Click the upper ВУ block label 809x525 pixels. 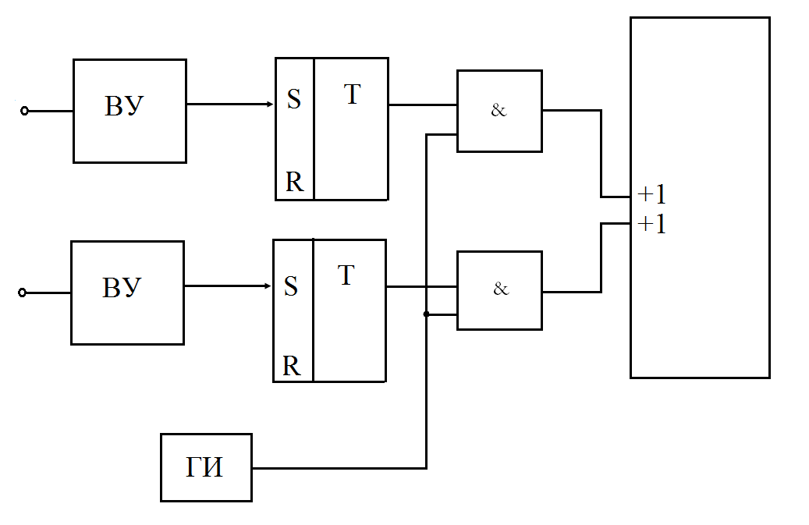(x=124, y=106)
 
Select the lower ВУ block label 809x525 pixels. (x=122, y=288)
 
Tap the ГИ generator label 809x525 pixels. (x=204, y=467)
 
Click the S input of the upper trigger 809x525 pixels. (x=293, y=99)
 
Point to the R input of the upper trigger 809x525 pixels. (x=295, y=182)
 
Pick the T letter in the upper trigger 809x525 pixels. (x=352, y=94)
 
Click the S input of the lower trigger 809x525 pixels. (x=291, y=286)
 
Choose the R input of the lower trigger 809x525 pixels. (x=292, y=366)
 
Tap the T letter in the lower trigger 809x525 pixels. (x=346, y=275)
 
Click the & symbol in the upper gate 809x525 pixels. (x=499, y=110)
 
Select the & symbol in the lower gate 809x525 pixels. (x=501, y=289)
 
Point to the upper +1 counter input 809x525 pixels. (x=652, y=194)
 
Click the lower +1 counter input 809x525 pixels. (x=652, y=225)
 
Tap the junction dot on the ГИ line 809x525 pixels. (x=426, y=314)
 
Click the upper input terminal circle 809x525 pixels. (x=24, y=111)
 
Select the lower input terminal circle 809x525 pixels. (x=22, y=293)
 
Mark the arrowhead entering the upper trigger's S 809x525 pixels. (x=270, y=105)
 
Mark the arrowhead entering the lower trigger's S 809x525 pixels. (x=268, y=286)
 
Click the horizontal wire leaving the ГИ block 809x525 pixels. (x=339, y=468)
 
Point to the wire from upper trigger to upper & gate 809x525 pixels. (x=423, y=105)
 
